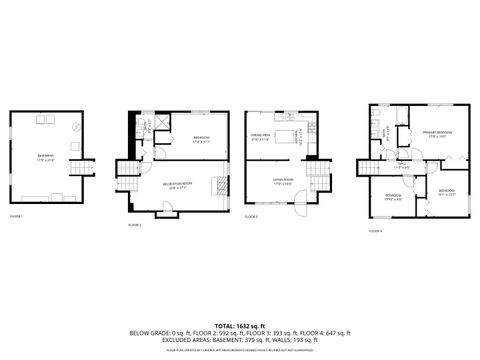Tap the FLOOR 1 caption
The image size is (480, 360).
coord(16,215)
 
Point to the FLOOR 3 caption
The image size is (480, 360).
coord(251,215)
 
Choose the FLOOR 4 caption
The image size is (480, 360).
coord(375,230)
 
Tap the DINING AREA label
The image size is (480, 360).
coord(263,139)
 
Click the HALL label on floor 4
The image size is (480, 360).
coord(401,166)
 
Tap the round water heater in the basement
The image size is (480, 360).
coord(77,127)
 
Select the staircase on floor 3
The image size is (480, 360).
coord(318,180)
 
